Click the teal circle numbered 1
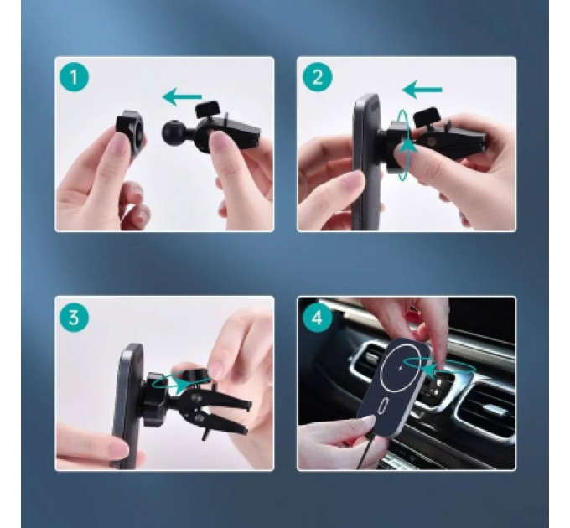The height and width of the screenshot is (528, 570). coord(74,77)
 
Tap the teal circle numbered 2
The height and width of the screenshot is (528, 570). coord(317,77)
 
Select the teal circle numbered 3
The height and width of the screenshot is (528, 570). coord(74,318)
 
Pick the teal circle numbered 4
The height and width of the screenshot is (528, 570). coord(317,318)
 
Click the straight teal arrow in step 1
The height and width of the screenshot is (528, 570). coord(182,96)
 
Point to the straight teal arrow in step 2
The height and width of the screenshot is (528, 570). coord(422,90)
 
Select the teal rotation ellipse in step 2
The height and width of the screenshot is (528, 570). coord(400,145)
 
